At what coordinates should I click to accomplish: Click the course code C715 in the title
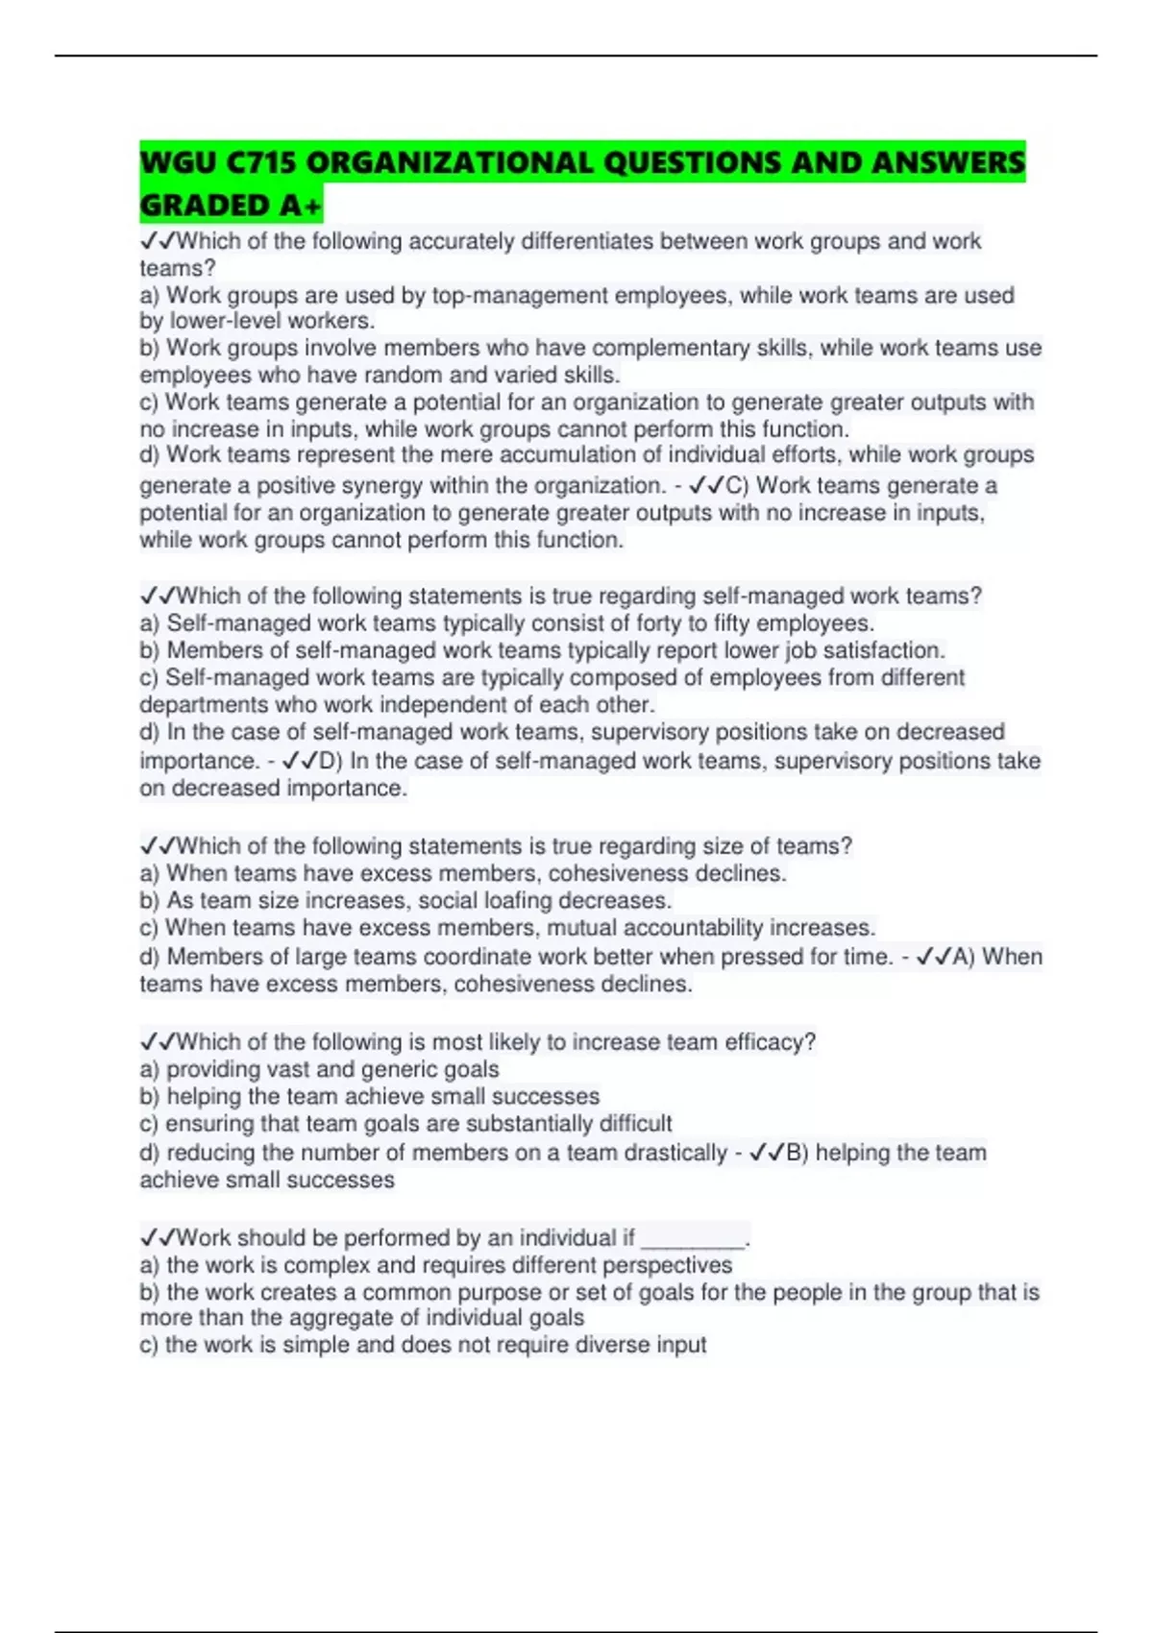coord(260,162)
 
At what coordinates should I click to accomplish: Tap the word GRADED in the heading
coord(203,206)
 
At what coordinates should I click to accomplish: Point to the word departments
coord(200,704)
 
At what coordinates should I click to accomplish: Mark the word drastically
coord(675,1153)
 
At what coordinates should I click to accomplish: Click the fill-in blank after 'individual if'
coord(693,1238)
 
